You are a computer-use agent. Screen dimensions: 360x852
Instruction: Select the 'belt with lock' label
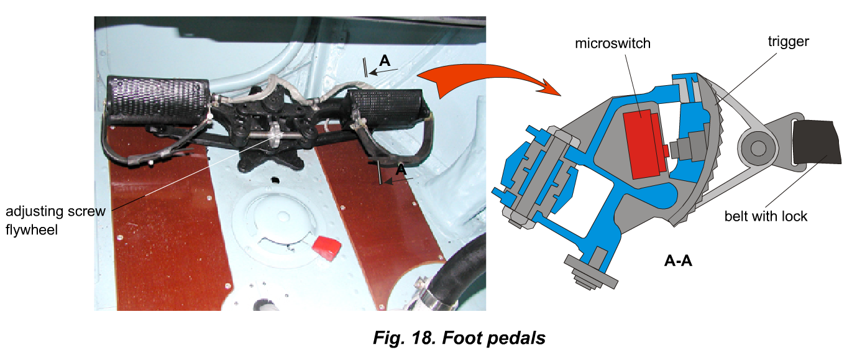(x=766, y=216)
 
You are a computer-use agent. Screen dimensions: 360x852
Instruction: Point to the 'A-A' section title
(x=678, y=261)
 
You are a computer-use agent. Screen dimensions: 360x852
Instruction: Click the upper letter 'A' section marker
(x=385, y=61)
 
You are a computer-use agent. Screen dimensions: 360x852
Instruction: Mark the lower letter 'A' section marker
(x=401, y=169)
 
